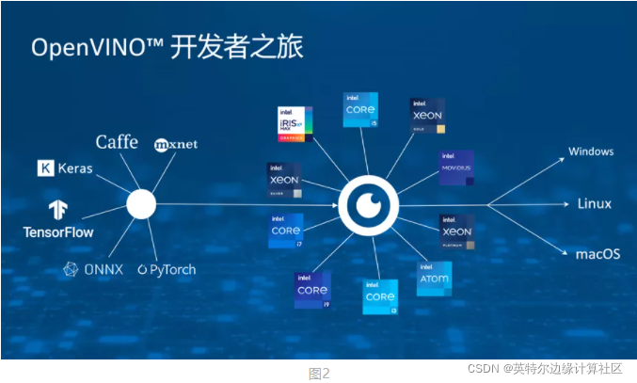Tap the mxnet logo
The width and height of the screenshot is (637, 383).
(175, 144)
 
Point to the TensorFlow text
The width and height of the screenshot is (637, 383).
(58, 231)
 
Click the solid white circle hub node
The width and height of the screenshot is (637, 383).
(140, 204)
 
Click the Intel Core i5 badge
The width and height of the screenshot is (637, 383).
(360, 110)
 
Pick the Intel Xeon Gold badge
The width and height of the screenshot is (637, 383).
(428, 115)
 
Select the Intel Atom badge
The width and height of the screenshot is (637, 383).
(434, 279)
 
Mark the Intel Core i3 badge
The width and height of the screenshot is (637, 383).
(380, 296)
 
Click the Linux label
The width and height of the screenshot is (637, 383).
(594, 204)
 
